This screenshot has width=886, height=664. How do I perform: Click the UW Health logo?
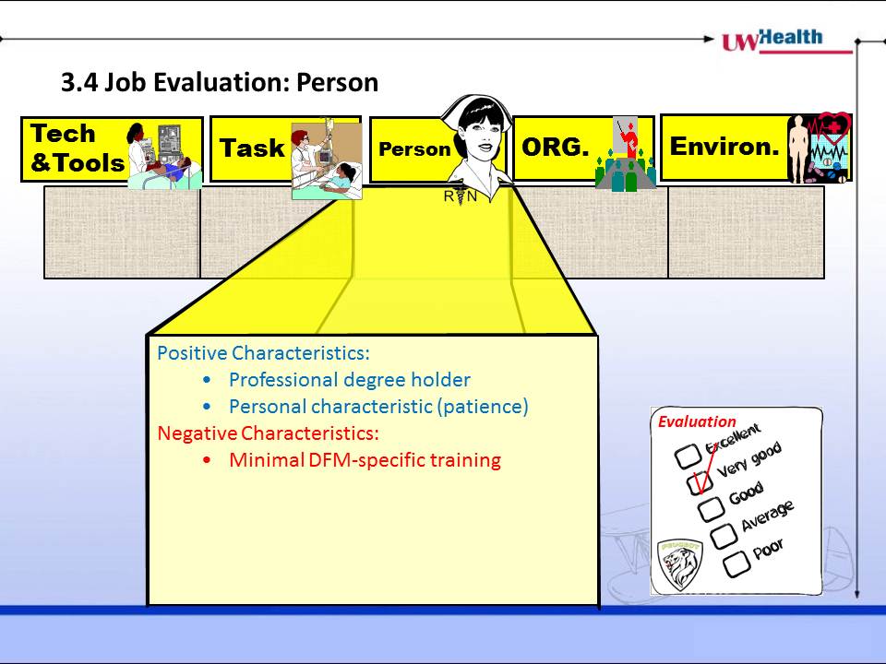[786, 41]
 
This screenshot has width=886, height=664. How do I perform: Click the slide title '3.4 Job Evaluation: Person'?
[220, 82]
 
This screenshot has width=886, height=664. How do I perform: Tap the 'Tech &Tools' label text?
[77, 148]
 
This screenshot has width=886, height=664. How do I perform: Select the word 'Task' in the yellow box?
[252, 148]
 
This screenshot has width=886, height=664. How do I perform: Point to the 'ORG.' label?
[555, 148]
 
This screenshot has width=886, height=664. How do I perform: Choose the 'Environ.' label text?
[724, 147]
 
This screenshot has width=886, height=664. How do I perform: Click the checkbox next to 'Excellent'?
[688, 456]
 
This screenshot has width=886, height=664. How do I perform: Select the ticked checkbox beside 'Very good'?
[700, 482]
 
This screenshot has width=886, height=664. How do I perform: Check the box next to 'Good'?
[711, 508]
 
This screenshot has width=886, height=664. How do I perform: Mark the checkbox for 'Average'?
[724, 536]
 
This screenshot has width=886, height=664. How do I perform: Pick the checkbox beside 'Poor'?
[736, 564]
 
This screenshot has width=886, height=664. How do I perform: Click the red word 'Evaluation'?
[697, 421]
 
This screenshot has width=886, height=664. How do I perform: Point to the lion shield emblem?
[680, 564]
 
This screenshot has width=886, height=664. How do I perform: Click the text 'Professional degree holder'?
[349, 380]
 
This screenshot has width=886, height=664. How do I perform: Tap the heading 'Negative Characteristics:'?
[268, 433]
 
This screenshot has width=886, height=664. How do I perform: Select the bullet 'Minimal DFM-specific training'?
[365, 460]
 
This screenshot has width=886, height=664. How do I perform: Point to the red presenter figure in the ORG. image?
[631, 141]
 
